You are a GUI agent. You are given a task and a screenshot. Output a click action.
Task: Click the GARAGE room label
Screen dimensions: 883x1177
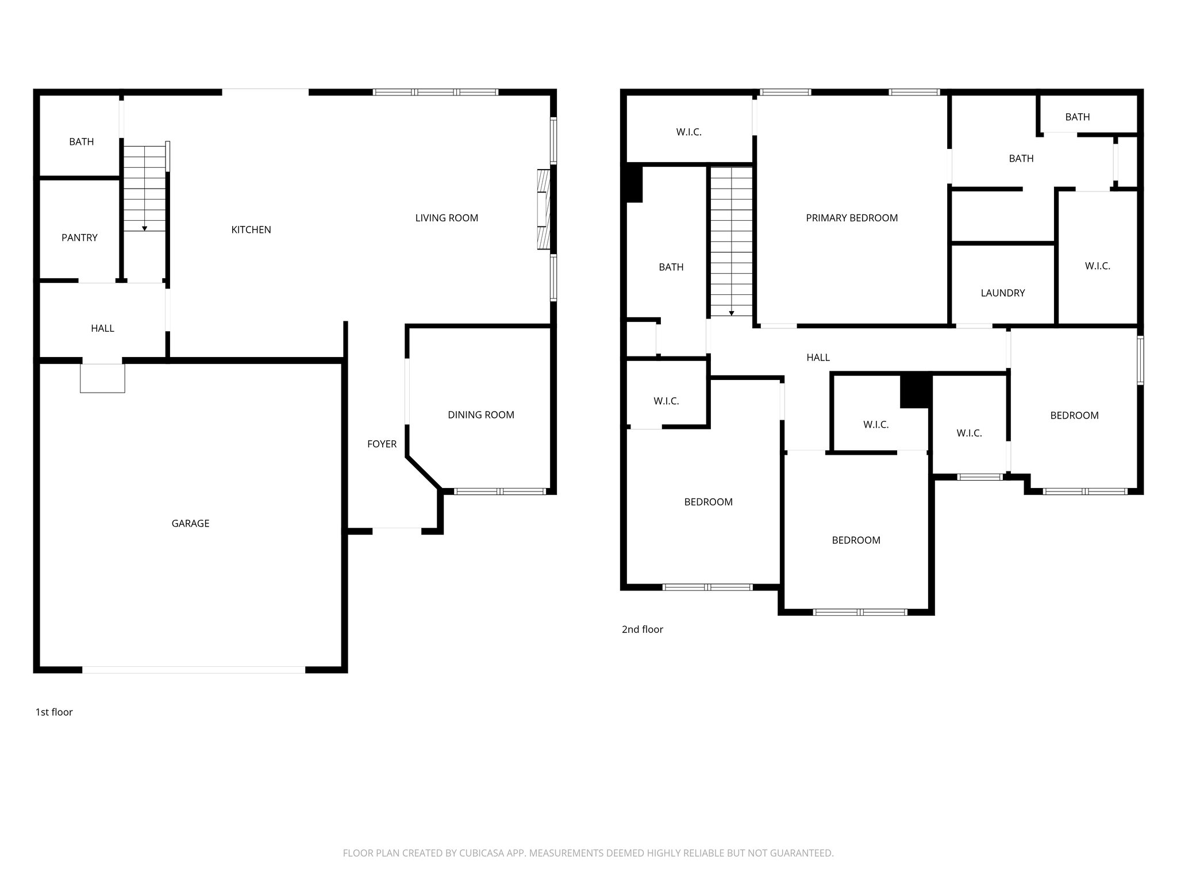coord(190,523)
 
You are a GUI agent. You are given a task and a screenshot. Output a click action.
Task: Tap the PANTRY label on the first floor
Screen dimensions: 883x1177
coord(79,237)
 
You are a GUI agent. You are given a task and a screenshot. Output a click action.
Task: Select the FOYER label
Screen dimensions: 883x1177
coord(382,444)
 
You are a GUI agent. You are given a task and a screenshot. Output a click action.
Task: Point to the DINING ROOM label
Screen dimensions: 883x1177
coord(480,414)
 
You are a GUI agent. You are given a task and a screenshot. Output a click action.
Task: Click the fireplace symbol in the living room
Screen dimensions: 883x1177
coord(543,209)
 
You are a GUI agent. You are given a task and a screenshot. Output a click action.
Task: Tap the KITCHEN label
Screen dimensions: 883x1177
coord(251,229)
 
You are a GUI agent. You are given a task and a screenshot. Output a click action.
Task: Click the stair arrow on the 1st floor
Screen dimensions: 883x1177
coord(144,228)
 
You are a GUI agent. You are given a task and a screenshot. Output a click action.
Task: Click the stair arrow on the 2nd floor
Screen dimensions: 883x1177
coord(731,313)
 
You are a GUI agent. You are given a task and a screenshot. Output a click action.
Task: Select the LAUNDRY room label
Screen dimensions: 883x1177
coord(1002,293)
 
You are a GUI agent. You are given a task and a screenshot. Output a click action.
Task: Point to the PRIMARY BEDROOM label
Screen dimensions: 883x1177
coord(851,218)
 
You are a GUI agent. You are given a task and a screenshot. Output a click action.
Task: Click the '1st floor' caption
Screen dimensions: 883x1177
coord(54,712)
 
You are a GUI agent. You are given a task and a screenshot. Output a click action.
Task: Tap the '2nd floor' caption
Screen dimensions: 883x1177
coord(642,629)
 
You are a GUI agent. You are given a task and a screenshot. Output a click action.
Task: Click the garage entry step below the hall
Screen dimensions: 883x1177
coord(102,378)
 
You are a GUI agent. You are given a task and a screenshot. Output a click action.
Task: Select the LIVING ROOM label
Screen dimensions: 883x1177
coord(446,218)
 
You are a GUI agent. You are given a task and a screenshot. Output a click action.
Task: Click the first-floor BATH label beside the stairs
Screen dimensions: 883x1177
coord(81,141)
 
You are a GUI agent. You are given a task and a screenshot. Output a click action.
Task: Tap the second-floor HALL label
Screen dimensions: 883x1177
coord(817,357)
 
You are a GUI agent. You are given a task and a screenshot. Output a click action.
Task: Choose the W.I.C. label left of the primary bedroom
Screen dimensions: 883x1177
coord(688,132)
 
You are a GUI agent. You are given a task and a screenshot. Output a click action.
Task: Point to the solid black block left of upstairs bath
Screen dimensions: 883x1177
coord(633,183)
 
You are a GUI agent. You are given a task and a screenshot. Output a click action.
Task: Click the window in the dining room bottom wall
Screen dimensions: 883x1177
coord(499,492)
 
